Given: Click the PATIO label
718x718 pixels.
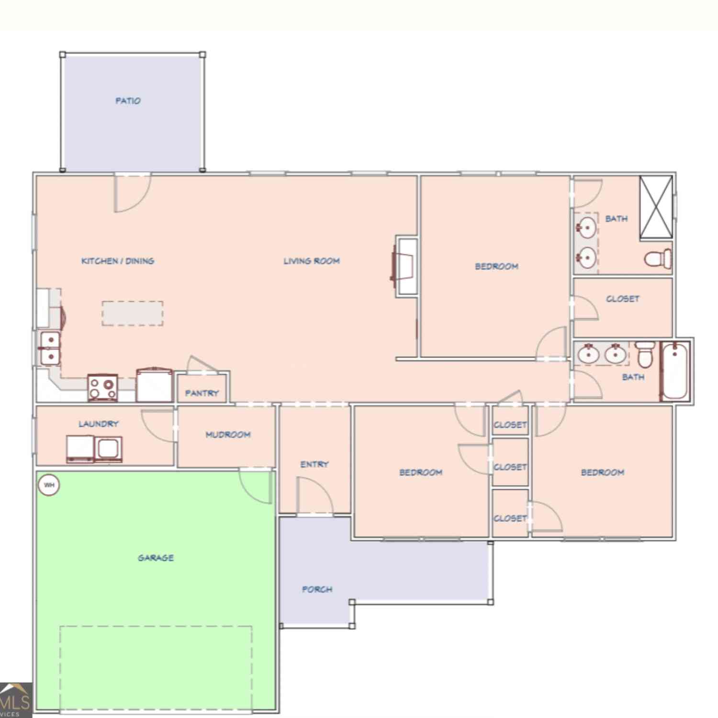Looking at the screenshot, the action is point(128,101).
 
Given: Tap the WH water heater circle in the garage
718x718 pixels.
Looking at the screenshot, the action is point(49,485).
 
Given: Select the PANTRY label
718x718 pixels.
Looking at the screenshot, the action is point(202,393).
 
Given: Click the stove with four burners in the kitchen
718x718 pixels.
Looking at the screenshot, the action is point(103,387).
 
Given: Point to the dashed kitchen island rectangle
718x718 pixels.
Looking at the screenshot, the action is point(133,314).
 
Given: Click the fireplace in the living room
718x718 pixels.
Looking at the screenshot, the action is point(405,266).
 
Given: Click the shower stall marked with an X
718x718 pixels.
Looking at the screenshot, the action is point(656,207).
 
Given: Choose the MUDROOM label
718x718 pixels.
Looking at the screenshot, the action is point(228,435).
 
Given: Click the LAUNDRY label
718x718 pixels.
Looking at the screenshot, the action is point(99,424).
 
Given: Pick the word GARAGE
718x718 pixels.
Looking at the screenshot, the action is point(156,558).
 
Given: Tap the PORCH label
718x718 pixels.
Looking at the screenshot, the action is point(317,589).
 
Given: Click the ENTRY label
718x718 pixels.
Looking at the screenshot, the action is point(314,464).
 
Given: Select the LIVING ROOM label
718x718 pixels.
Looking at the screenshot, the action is point(312,261).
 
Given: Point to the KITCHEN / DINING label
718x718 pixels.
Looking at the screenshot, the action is point(118,261).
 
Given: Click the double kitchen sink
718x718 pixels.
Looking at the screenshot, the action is point(49,348).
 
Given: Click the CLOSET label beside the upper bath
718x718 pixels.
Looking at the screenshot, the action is point(623,299).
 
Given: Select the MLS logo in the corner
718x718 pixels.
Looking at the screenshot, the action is point(16,700).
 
